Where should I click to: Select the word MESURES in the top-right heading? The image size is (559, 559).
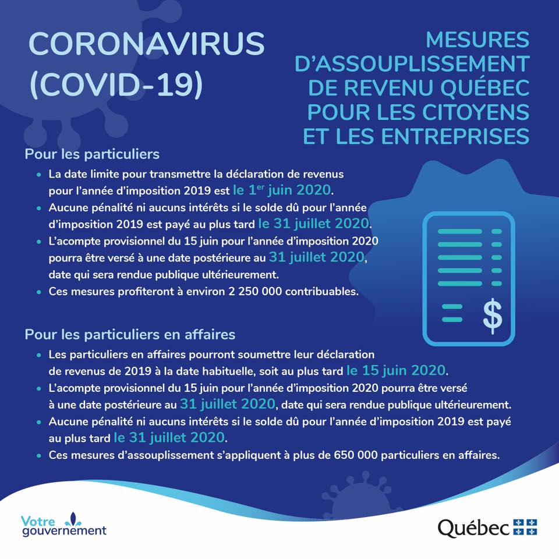pos(477,40)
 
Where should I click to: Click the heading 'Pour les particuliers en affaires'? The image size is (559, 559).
pos(130,334)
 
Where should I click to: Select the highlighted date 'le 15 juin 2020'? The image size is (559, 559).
pos(397,370)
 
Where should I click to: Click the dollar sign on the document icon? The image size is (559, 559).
pos(493,314)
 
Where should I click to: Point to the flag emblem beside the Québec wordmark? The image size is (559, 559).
pos(525,526)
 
